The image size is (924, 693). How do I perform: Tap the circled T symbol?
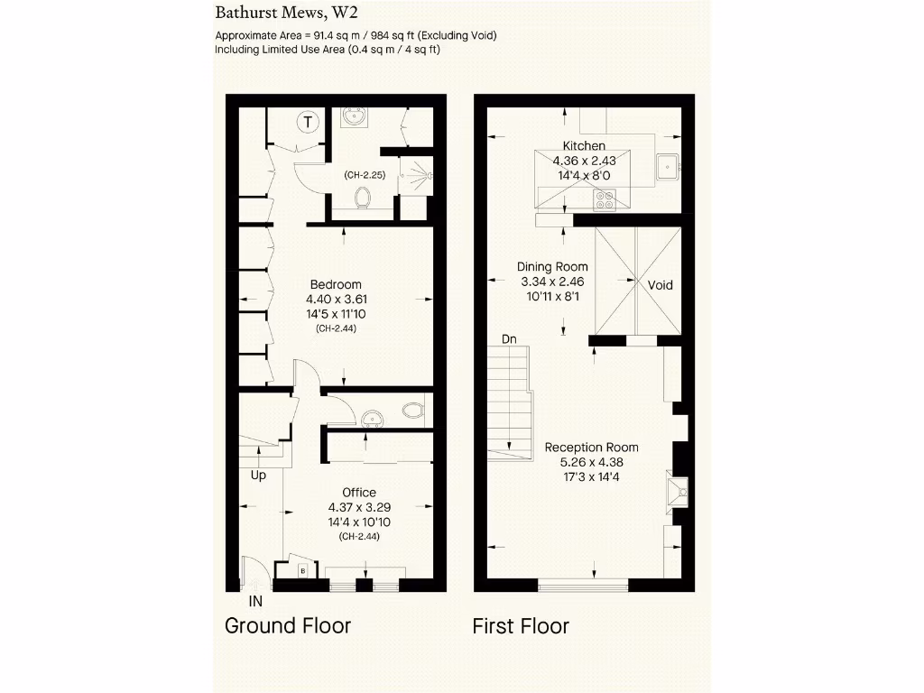309,122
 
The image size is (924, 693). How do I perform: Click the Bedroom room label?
336,284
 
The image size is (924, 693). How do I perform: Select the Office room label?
359,492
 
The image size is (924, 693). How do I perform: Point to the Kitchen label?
584,146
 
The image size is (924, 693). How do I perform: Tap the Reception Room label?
591,448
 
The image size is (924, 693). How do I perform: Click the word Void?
661,285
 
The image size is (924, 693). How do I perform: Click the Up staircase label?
258,475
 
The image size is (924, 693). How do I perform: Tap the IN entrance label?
256,600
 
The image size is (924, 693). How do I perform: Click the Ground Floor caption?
287,625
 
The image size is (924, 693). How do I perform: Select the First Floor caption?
521,625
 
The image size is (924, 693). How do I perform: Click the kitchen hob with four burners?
604,199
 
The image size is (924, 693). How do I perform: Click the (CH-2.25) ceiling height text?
365,175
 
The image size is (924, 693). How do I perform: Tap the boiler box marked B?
303,570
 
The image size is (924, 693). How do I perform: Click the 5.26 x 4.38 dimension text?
591,463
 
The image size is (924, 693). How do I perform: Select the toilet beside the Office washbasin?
412,411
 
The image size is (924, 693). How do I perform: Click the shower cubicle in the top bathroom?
416,177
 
